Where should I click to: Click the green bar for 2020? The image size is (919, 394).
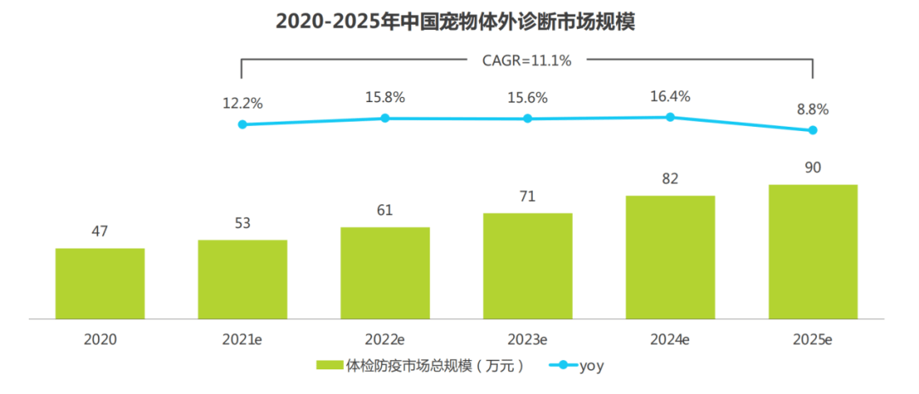click(x=100, y=283)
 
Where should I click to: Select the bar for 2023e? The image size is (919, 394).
click(x=528, y=266)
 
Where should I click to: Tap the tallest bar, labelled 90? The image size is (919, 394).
click(x=813, y=251)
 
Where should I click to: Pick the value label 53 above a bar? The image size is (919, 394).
click(x=243, y=223)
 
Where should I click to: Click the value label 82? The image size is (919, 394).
click(x=670, y=179)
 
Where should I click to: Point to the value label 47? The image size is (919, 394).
click(x=100, y=231)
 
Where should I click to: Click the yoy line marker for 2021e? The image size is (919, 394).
click(x=243, y=124)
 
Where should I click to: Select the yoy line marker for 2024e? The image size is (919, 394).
click(x=670, y=117)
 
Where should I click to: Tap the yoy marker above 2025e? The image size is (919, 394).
click(x=813, y=130)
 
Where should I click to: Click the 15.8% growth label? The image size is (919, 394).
click(x=385, y=97)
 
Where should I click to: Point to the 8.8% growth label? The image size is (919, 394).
click(x=813, y=109)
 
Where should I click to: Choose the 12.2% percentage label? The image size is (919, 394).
click(x=243, y=103)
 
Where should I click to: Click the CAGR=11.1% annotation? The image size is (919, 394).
click(x=528, y=60)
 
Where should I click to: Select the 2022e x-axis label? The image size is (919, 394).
click(x=385, y=339)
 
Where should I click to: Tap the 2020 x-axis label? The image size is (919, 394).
click(x=100, y=339)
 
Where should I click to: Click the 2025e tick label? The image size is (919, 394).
click(x=813, y=339)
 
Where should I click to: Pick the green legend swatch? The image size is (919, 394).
click(x=329, y=366)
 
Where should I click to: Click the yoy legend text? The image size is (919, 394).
click(x=591, y=366)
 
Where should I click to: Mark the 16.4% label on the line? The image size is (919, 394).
click(x=670, y=96)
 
